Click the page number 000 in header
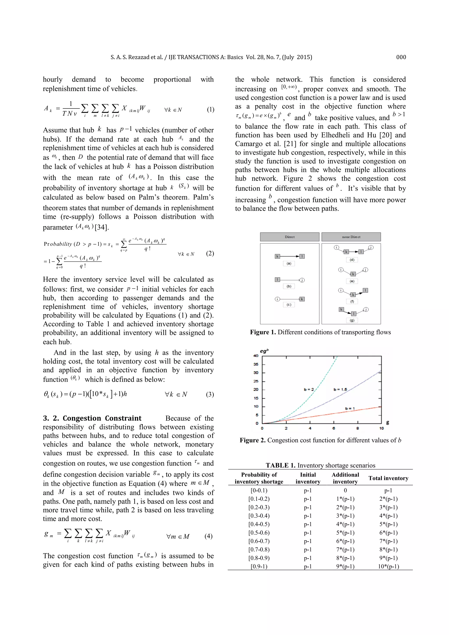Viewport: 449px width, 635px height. pos(401,57)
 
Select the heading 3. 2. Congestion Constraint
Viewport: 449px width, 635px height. pos(92,418)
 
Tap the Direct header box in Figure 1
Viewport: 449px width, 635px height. pos(289,237)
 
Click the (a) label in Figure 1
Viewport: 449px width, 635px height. pos(289,263)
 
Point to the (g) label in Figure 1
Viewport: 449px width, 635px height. pos(352,320)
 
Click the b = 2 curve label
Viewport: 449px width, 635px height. pos(309,389)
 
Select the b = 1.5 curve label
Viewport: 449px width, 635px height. pos(340,389)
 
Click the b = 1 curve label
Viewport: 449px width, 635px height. pos(350,408)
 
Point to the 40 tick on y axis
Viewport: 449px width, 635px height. pos(256,356)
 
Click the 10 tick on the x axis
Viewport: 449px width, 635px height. pos(381,428)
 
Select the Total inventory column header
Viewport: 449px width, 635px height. pos(388,478)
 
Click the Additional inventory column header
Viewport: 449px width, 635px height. pos(345,478)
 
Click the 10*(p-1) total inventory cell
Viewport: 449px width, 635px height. pos(388,566)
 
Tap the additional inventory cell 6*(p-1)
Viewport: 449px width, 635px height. pos(345,541)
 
